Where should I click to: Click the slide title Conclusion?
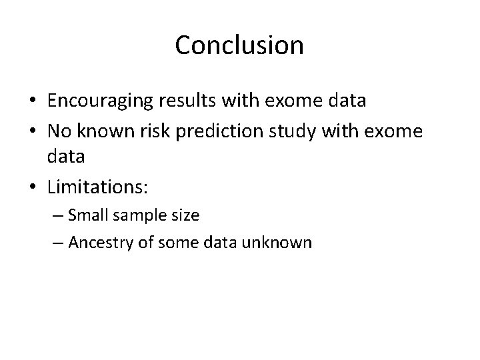(x=239, y=45)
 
